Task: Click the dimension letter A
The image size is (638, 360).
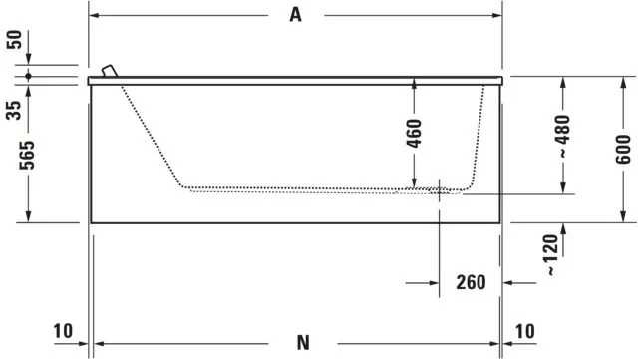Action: tap(296, 15)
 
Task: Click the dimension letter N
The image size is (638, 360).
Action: tap(303, 342)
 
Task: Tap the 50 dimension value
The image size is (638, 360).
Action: tap(14, 40)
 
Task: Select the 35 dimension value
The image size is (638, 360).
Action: tap(14, 110)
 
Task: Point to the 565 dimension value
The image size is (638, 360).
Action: tap(28, 156)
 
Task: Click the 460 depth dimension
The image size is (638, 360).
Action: tap(414, 134)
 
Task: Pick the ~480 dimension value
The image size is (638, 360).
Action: tap(563, 137)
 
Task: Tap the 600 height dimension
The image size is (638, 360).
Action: tap(623, 150)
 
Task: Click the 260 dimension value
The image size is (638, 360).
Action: tap(471, 282)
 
